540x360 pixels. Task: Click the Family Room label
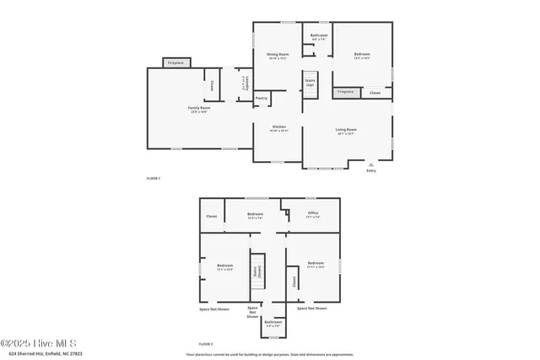click(x=198, y=110)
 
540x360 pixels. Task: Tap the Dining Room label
click(x=278, y=56)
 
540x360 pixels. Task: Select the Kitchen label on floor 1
click(x=278, y=129)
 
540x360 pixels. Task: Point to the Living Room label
click(x=347, y=131)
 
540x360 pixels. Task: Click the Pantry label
click(x=262, y=98)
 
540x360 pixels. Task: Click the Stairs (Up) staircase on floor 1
click(x=310, y=83)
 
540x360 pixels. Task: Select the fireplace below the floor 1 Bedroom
click(x=345, y=92)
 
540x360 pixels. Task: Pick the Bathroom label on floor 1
click(x=319, y=36)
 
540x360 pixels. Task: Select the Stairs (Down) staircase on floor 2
click(x=256, y=272)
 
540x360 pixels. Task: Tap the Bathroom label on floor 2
click(x=273, y=322)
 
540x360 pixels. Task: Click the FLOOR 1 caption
click(x=154, y=179)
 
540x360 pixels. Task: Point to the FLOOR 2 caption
click(x=206, y=344)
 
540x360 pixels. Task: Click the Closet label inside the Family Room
click(x=210, y=84)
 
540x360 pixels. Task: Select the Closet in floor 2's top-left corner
click(x=211, y=217)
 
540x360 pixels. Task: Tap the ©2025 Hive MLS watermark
click(x=39, y=343)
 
